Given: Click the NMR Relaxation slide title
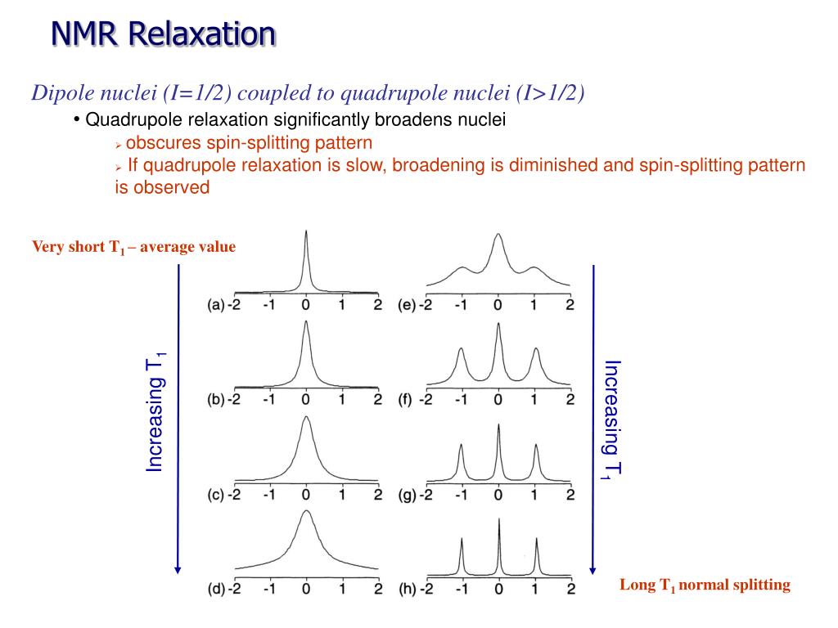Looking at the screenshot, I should (163, 34).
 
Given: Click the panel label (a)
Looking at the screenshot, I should (215, 305).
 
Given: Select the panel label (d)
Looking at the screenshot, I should (215, 589).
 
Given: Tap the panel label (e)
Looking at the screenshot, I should (407, 305).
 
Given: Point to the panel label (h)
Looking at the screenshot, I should (407, 589).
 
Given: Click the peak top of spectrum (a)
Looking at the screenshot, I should (306, 232).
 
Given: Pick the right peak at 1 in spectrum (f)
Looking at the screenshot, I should (536, 351).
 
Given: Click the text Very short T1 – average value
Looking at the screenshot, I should (133, 247).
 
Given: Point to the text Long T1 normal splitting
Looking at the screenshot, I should (705, 585).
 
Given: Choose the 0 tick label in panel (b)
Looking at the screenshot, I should (306, 400).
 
